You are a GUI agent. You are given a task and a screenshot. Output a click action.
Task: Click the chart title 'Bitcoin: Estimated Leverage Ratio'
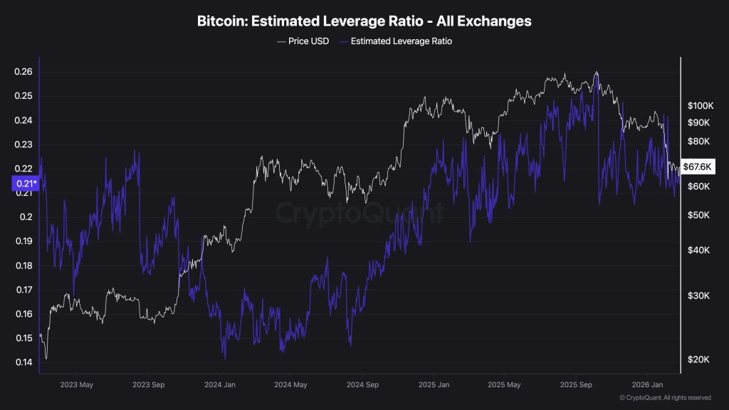pos(364,21)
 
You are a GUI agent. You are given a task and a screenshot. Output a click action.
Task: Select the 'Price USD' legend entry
pos(303,41)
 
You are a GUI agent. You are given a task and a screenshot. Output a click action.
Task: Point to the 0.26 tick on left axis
pos(23,72)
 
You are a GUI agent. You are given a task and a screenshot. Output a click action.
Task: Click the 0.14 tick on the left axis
pos(23,362)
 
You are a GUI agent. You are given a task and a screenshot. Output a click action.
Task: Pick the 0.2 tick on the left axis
pos(26,217)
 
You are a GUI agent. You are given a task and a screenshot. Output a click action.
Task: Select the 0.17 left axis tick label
pos(23,290)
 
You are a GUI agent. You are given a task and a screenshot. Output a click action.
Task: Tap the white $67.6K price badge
pos(697,167)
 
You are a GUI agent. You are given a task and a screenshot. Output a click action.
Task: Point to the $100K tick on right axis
pos(699,105)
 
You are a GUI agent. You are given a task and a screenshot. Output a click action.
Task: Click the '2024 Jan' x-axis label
pos(220,384)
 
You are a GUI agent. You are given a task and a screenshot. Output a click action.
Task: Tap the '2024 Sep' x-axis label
pos(362,384)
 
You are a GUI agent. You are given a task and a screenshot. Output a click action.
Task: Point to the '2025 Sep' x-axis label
pos(577,384)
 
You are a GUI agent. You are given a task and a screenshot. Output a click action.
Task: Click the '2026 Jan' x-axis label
pos(648,384)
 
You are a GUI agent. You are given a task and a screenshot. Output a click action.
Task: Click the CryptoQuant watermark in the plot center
pos(360,213)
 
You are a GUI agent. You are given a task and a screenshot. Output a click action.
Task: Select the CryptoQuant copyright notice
pos(664,397)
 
